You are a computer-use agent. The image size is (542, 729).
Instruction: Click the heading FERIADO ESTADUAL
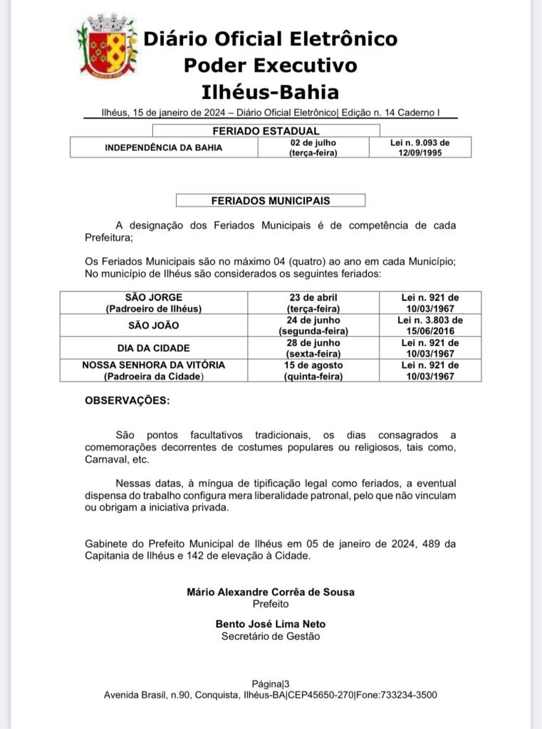(266, 131)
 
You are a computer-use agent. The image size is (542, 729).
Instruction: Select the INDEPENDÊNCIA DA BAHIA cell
(164, 147)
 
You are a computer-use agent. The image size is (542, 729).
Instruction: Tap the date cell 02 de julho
(313, 147)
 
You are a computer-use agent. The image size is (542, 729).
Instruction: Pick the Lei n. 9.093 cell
(420, 147)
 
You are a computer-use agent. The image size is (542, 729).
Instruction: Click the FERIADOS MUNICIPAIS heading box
(270, 201)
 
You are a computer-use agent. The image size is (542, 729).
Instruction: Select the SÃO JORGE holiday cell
(154, 303)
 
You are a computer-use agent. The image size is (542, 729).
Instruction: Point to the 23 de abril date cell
(313, 303)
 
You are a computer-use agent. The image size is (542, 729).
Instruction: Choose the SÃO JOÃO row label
(154, 325)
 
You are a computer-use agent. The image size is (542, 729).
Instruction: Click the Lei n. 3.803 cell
(429, 325)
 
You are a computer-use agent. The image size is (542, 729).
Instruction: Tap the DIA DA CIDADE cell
(154, 348)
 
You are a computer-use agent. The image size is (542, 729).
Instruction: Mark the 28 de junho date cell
(313, 348)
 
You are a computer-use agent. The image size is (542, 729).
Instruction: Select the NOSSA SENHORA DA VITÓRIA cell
(154, 370)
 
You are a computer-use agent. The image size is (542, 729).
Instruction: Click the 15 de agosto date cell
(313, 370)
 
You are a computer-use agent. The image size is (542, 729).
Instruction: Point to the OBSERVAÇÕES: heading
(127, 401)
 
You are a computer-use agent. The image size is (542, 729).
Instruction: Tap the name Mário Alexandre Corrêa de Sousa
(270, 592)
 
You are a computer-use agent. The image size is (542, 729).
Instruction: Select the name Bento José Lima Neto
(270, 624)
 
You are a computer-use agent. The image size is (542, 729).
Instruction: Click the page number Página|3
(270, 683)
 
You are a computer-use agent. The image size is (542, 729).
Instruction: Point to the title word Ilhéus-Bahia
(270, 92)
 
